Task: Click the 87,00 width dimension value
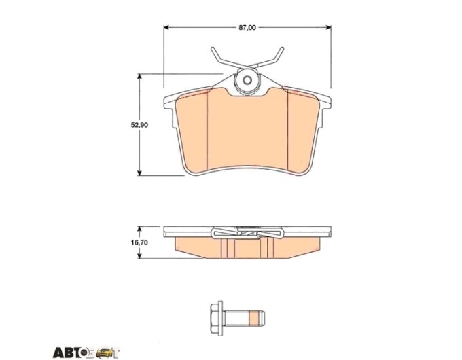point(247,28)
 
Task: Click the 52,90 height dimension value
point(139,125)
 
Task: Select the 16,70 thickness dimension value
point(139,242)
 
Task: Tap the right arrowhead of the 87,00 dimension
point(327,27)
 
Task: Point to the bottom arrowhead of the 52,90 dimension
point(140,172)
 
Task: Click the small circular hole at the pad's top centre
point(247,80)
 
